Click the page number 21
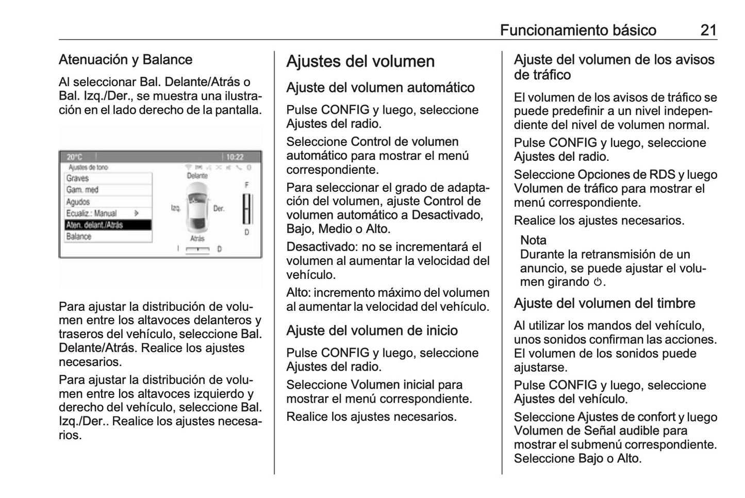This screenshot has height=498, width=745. point(708,30)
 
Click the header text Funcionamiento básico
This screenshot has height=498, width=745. point(578,30)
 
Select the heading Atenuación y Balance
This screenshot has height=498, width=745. point(125,60)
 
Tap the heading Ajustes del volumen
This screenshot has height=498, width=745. point(360,61)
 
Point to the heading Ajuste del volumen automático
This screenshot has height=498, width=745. point(380,88)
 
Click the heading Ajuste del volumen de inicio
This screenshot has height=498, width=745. point(372,330)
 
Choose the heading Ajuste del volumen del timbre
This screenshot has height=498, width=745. point(604,303)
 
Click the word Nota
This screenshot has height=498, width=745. point(533,240)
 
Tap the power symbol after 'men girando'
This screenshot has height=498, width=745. point(598,282)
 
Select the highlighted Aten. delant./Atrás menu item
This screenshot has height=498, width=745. point(108,225)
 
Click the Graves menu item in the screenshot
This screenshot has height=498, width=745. point(77,178)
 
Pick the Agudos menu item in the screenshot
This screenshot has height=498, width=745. point(78,202)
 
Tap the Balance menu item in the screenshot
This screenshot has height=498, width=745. point(78,237)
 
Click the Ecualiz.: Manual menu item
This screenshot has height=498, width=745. point(91,213)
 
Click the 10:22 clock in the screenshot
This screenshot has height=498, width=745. point(235,157)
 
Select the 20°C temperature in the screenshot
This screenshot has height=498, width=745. point(74,157)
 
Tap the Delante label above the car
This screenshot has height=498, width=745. point(197,176)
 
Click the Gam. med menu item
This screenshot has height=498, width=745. point(82,190)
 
